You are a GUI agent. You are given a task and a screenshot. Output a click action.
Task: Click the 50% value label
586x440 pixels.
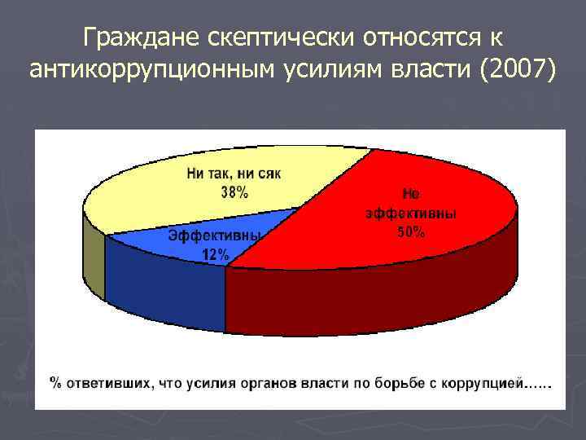[x=410, y=232]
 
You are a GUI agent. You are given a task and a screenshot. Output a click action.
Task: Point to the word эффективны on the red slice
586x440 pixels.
[x=410, y=213]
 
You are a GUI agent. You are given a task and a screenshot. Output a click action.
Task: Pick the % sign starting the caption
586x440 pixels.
[x=56, y=381]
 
